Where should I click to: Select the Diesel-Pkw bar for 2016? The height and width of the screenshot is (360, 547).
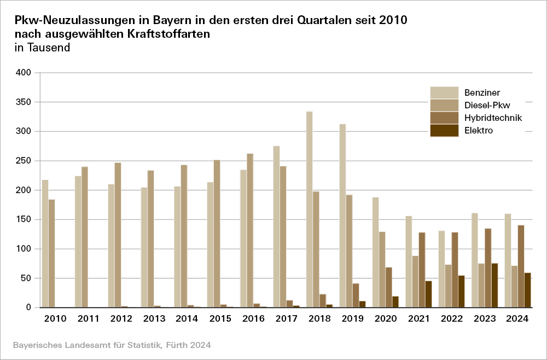click(x=250, y=230)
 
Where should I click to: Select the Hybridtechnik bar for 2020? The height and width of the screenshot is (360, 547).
click(x=389, y=287)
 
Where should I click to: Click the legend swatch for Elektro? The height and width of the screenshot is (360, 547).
click(x=444, y=130)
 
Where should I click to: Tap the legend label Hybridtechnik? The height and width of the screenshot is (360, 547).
click(x=493, y=118)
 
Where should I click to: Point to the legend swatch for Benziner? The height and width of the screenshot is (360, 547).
click(x=444, y=92)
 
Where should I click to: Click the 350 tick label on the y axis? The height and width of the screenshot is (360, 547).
click(x=25, y=102)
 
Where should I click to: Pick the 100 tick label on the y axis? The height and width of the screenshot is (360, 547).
click(x=25, y=249)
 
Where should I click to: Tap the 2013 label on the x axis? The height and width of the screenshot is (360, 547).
click(x=154, y=318)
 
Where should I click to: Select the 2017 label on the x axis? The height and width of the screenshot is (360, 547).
click(x=287, y=318)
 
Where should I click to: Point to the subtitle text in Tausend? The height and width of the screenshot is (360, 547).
click(x=42, y=48)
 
